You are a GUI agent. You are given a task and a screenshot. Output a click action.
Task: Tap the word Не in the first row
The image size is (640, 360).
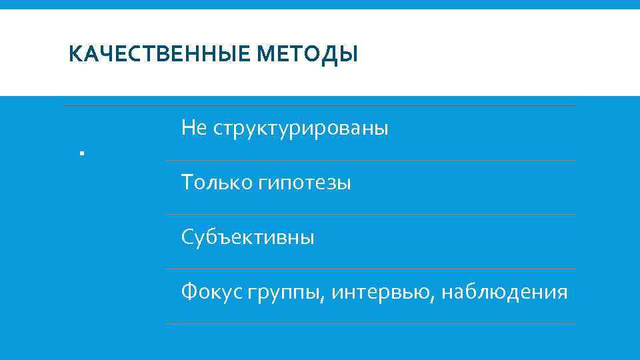[x=194, y=128]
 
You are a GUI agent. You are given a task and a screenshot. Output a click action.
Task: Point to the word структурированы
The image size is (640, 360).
[x=300, y=128]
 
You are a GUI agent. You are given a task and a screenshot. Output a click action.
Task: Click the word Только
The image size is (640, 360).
[x=215, y=182]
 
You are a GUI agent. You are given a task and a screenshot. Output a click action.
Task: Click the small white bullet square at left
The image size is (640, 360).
[x=80, y=154]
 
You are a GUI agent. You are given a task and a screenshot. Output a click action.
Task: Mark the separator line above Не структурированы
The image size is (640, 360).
[x=320, y=106]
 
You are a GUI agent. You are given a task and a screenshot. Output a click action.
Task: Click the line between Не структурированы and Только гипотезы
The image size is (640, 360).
[x=370, y=160]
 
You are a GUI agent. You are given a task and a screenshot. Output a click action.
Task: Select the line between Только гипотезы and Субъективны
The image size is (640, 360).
[x=370, y=214]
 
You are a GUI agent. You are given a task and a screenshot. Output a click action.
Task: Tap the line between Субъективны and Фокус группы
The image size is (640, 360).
[x=370, y=269]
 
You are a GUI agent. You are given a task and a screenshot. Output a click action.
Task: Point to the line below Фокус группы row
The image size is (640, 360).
[x=370, y=323]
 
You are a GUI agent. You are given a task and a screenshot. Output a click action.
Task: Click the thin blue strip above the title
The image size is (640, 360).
[x=320, y=4]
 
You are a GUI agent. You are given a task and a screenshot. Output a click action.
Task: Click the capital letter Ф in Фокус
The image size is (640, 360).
[x=189, y=291]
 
